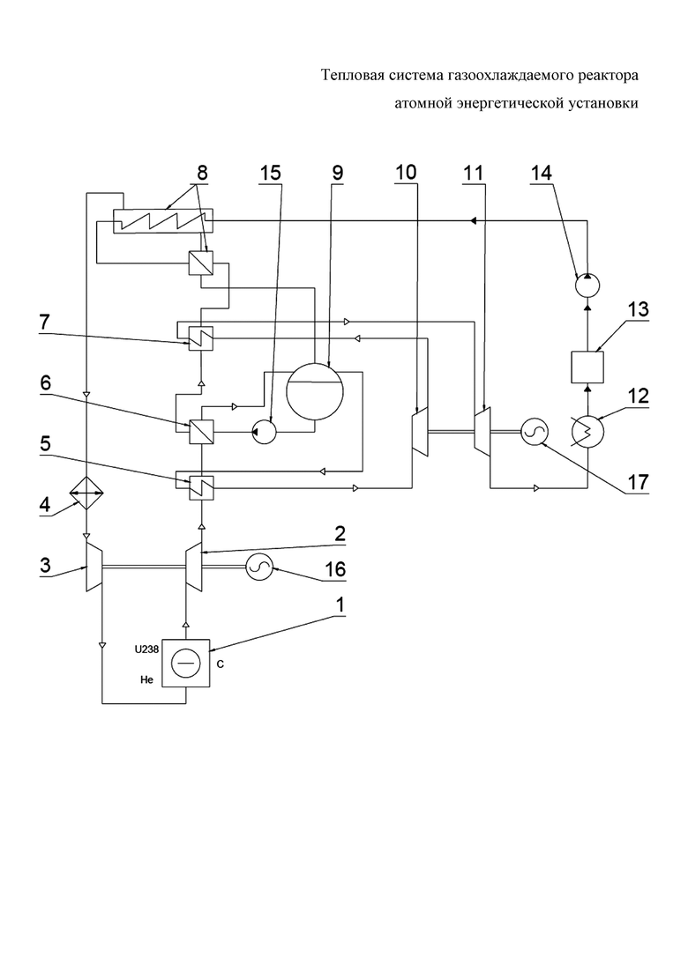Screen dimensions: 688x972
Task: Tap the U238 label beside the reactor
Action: point(146,650)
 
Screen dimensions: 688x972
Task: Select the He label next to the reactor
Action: point(146,680)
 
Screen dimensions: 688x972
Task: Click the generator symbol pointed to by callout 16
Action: point(259,567)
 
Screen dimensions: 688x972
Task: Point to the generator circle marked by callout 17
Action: point(532,432)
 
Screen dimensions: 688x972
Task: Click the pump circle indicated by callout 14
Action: point(587,286)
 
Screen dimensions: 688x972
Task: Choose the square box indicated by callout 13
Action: point(587,367)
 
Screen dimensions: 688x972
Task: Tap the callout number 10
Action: point(406,173)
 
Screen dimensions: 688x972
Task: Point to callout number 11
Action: point(473,173)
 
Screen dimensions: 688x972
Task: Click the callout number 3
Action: point(47,565)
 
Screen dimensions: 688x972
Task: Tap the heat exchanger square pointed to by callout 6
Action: point(200,430)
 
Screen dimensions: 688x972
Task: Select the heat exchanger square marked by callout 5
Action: point(200,486)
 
